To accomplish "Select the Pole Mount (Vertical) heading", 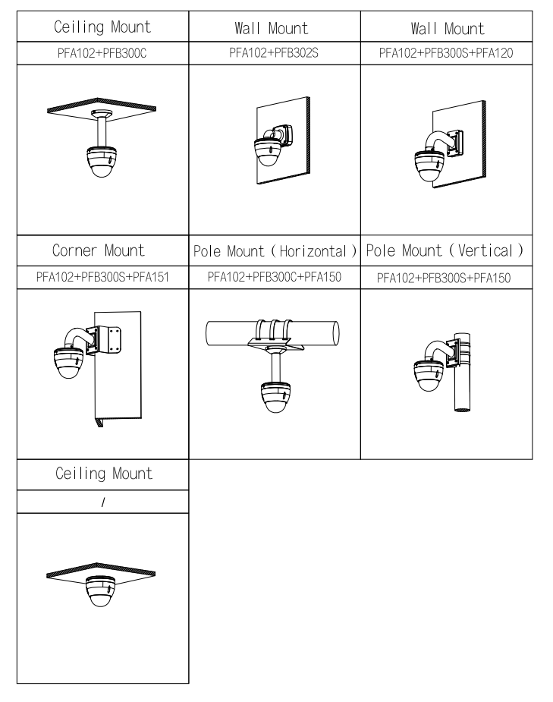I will [447, 250].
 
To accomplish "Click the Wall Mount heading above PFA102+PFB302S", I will [273, 30].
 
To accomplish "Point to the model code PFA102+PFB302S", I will [273, 54].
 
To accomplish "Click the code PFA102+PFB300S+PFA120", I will [447, 54].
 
